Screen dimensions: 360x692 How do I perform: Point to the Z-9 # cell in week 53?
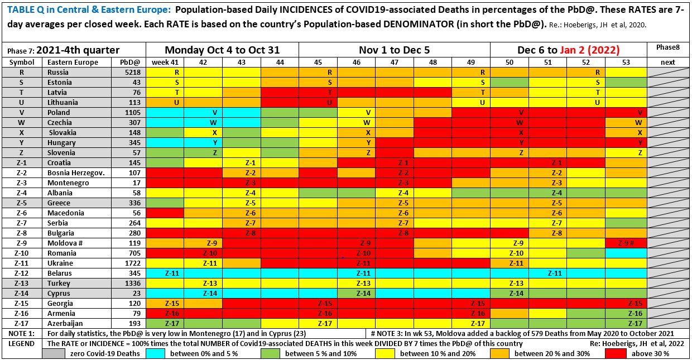pyautogui.click(x=626, y=243)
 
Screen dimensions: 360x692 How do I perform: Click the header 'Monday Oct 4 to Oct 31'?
pyautogui.click(x=222, y=50)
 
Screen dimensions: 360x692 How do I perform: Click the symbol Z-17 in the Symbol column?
pyautogui.click(x=22, y=323)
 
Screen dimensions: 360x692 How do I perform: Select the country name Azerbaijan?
pyautogui.click(x=65, y=323)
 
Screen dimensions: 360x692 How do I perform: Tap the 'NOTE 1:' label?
pyautogui.click(x=22, y=333)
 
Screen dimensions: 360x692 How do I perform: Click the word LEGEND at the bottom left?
pyautogui.click(x=22, y=343)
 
